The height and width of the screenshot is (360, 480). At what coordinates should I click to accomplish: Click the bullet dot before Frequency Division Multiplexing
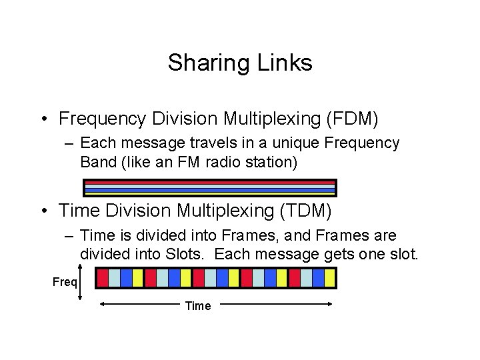44,119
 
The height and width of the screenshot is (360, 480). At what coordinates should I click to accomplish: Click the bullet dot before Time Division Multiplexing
44,212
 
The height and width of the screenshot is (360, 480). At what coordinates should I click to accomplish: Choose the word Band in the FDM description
97,161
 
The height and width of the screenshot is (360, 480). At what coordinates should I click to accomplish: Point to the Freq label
65,281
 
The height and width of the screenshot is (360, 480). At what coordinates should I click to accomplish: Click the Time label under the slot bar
197,306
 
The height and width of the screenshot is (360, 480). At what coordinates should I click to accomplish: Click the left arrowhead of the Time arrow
103,304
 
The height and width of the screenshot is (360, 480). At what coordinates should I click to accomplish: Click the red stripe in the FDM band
209,182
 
